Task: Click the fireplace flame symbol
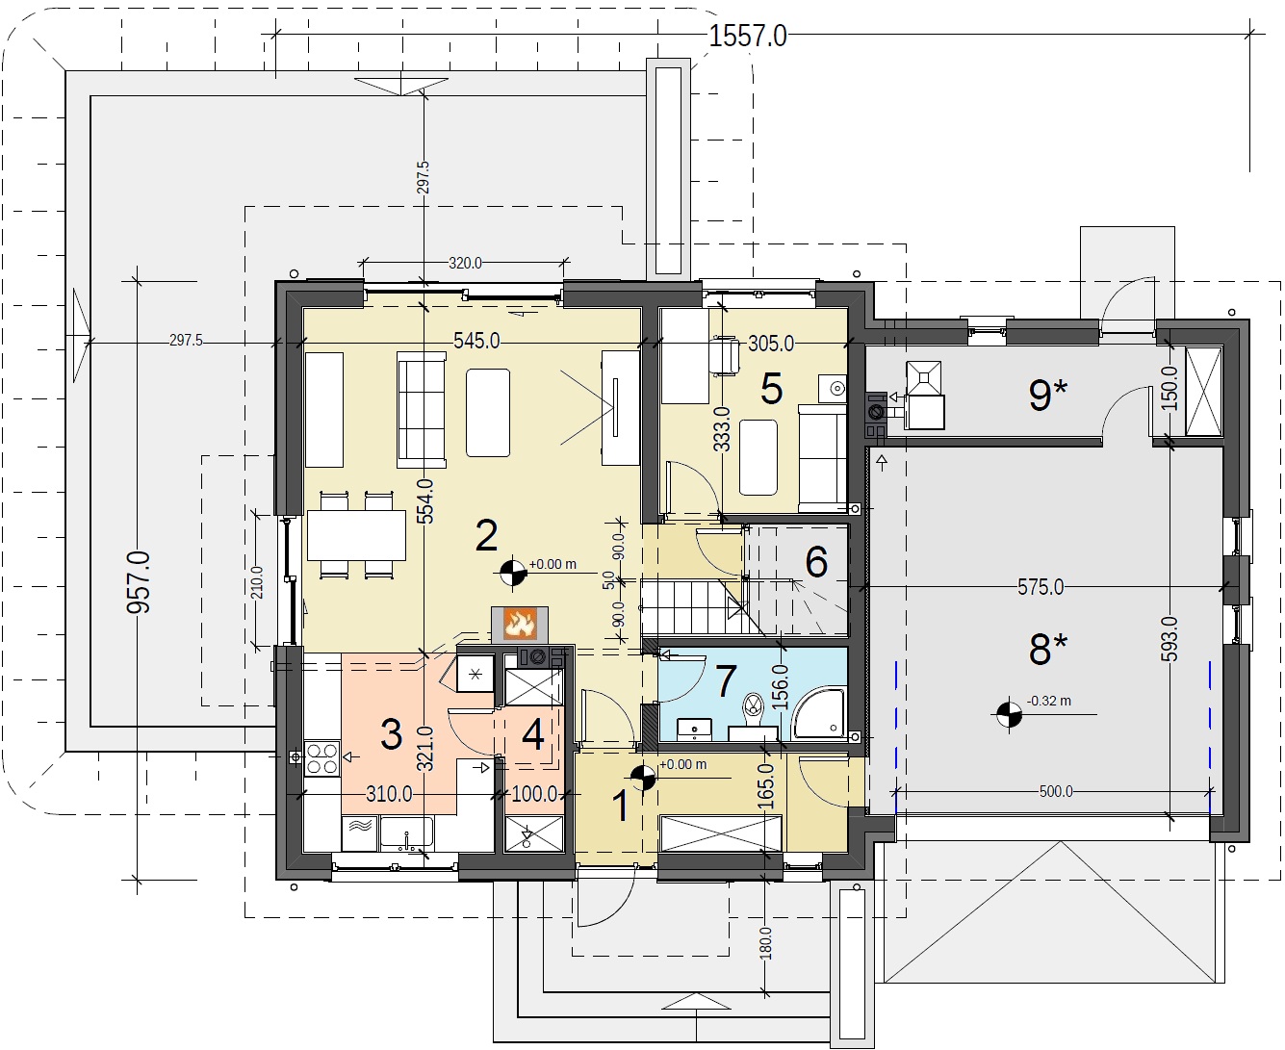tap(519, 624)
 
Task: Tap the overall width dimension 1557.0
tap(748, 36)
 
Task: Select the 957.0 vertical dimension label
tap(139, 582)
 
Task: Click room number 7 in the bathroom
tap(725, 680)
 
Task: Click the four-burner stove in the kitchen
tap(321, 758)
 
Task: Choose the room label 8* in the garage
tap(1048, 649)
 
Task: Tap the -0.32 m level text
tap(1048, 701)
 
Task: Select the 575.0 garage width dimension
tap(1041, 587)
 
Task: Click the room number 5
tap(771, 389)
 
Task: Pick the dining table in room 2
tap(356, 535)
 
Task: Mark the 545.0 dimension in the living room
tap(476, 341)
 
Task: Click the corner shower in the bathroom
tap(818, 714)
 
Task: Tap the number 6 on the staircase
tap(816, 561)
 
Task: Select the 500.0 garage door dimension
tap(1056, 792)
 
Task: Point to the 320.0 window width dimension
tap(465, 264)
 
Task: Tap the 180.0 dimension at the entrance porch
tap(766, 943)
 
